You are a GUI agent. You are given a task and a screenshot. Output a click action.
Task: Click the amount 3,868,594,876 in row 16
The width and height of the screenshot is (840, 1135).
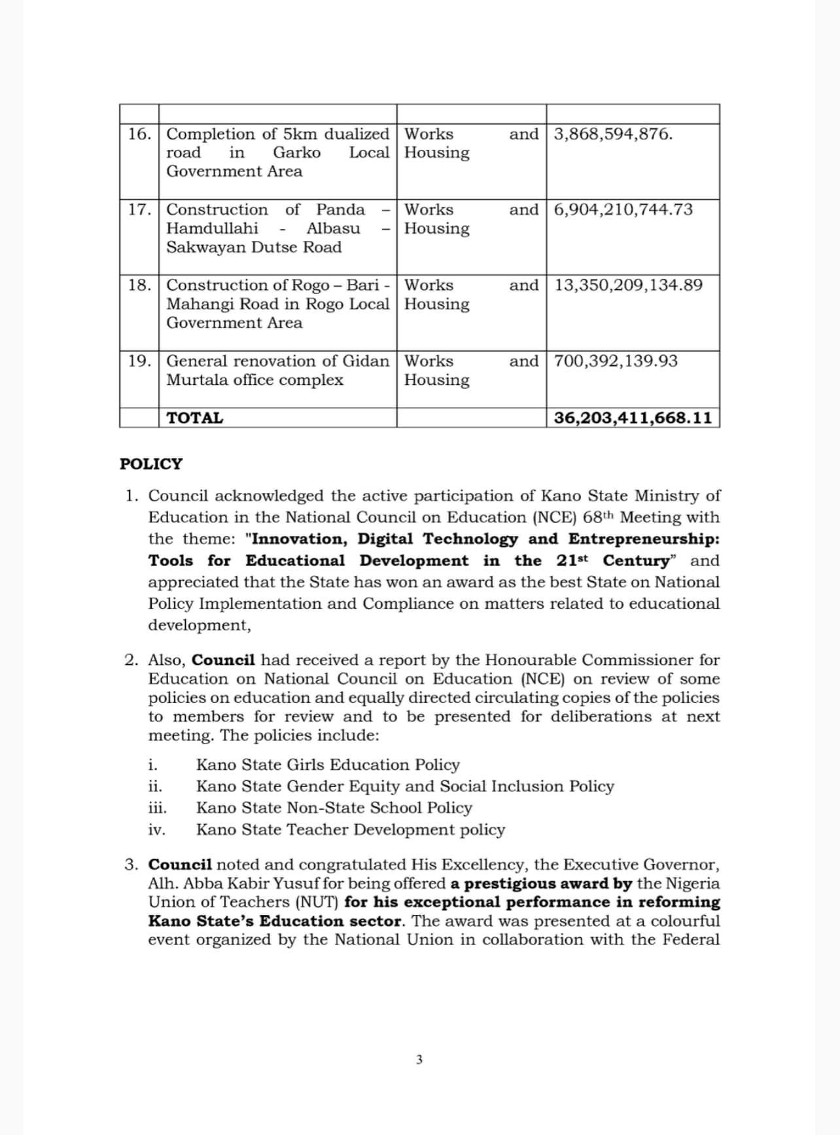pyautogui.click(x=612, y=134)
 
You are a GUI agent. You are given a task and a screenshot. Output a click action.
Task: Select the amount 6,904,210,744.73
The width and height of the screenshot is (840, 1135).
pyautogui.click(x=623, y=209)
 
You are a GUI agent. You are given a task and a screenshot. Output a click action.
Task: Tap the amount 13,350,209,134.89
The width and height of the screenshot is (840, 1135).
pyautogui.click(x=628, y=285)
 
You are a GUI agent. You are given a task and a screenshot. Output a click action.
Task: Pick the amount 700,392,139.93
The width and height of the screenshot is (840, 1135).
pyautogui.click(x=616, y=361)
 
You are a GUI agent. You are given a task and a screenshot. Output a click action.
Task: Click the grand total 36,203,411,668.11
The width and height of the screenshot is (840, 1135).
pyautogui.click(x=633, y=418)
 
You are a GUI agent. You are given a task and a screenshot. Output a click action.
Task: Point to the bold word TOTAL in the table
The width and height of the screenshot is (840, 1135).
pyautogui.click(x=195, y=418)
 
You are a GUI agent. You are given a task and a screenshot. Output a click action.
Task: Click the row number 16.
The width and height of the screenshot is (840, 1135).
pyautogui.click(x=139, y=134)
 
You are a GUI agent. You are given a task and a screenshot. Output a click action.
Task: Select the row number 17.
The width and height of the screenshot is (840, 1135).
pyautogui.click(x=139, y=209)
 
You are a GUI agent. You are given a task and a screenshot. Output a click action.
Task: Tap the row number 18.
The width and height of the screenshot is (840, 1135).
pyautogui.click(x=139, y=285)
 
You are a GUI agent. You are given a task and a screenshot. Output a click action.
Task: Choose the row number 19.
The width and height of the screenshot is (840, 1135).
pyautogui.click(x=139, y=361)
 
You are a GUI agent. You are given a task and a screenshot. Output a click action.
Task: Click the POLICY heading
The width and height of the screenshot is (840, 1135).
pyautogui.click(x=151, y=464)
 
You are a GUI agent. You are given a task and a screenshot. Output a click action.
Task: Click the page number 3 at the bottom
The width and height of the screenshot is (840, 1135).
pyautogui.click(x=419, y=1060)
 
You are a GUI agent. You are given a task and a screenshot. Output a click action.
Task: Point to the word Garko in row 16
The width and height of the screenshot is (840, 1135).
pyautogui.click(x=296, y=153)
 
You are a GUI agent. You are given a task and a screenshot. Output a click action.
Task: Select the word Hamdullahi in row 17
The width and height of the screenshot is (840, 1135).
pyautogui.click(x=212, y=228)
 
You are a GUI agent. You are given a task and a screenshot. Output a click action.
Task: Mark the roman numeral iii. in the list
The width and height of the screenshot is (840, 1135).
pyautogui.click(x=157, y=808)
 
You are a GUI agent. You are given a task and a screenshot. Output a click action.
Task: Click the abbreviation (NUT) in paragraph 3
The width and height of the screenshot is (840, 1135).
pyautogui.click(x=317, y=902)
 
